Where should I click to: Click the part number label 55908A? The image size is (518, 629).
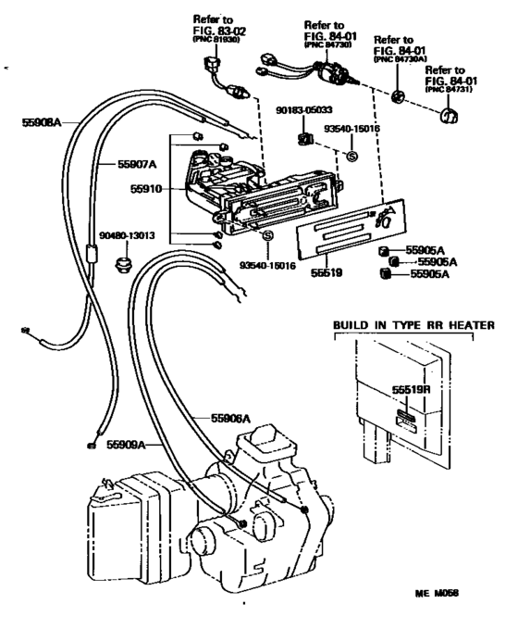pos(41,120)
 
